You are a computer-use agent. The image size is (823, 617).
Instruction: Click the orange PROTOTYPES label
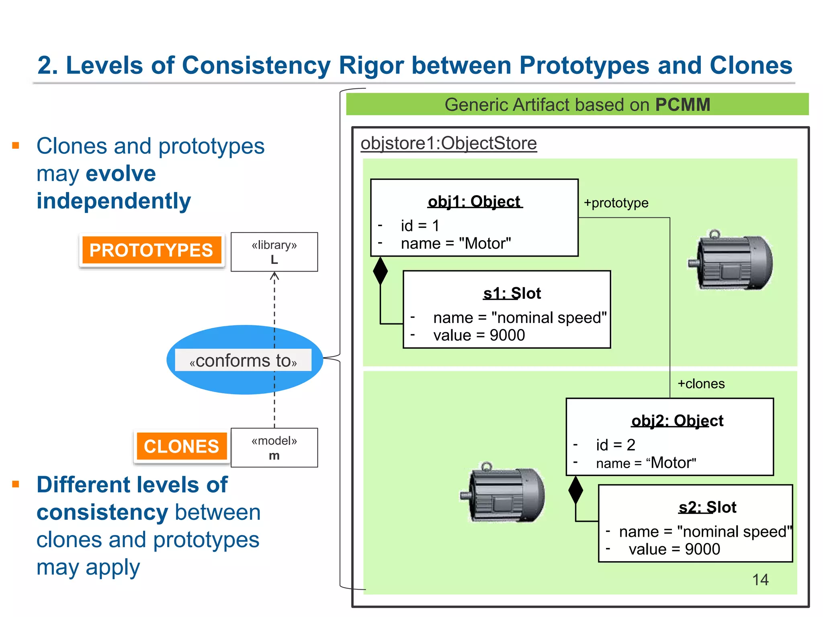click(151, 250)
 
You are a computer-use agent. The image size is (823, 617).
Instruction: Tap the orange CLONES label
click(181, 446)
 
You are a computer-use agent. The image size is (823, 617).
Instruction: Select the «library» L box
click(274, 252)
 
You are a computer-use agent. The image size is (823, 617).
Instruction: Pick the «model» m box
click(274, 447)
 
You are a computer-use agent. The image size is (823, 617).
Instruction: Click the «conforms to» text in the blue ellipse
click(243, 360)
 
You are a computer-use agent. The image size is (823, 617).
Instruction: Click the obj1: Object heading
click(474, 201)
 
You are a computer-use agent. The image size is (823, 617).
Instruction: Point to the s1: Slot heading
click(512, 293)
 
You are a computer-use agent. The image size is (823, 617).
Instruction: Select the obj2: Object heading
click(677, 421)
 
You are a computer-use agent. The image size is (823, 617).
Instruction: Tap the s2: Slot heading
click(707, 507)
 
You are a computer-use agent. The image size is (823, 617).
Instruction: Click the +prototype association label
click(616, 203)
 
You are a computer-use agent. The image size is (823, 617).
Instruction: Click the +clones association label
click(701, 384)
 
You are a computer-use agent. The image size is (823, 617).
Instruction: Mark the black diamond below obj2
click(575, 490)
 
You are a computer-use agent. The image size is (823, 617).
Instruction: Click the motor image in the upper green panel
click(730, 261)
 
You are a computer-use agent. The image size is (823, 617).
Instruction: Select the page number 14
click(760, 580)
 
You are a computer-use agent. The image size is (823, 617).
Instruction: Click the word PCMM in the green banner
click(683, 104)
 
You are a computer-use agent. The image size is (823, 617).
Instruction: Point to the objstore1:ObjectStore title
click(448, 143)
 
